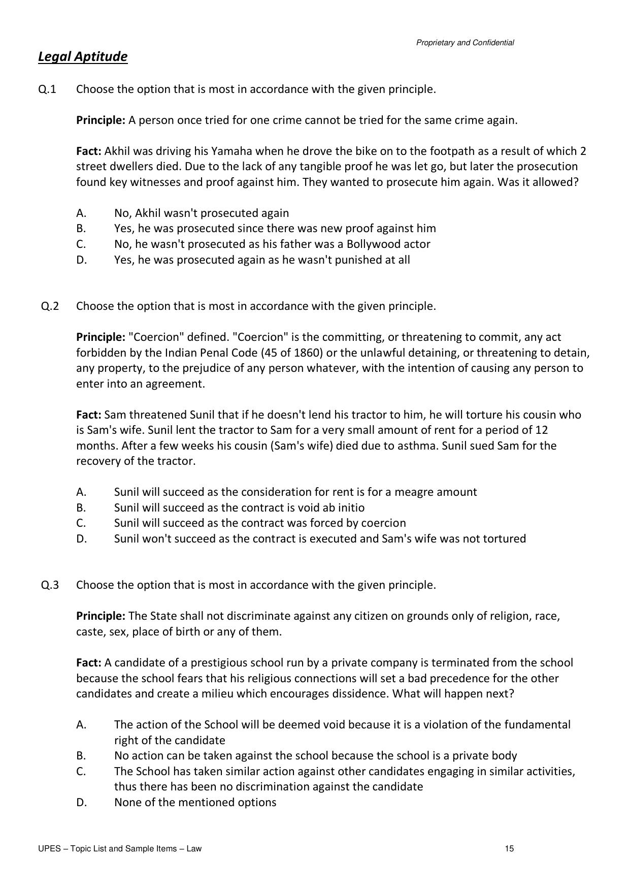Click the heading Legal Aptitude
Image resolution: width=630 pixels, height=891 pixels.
[x=83, y=56]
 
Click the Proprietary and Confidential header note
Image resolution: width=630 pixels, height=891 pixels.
[x=465, y=43]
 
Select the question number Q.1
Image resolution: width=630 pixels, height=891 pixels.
[x=47, y=89]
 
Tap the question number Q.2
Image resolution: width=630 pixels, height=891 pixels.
[x=50, y=306]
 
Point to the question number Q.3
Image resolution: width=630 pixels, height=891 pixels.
[x=50, y=585]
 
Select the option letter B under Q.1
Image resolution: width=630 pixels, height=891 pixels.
[x=81, y=229]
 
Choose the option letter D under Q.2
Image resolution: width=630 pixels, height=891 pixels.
[x=81, y=539]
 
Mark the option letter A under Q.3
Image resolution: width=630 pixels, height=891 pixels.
[x=81, y=725]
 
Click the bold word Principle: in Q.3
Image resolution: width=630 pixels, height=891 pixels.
[x=101, y=616]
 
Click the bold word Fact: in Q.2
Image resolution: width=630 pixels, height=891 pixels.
[x=89, y=415]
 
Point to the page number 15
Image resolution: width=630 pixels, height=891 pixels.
[x=509, y=849]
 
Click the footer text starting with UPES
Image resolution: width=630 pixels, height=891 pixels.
[x=120, y=849]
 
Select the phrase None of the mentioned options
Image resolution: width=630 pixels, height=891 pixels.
[x=195, y=803]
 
